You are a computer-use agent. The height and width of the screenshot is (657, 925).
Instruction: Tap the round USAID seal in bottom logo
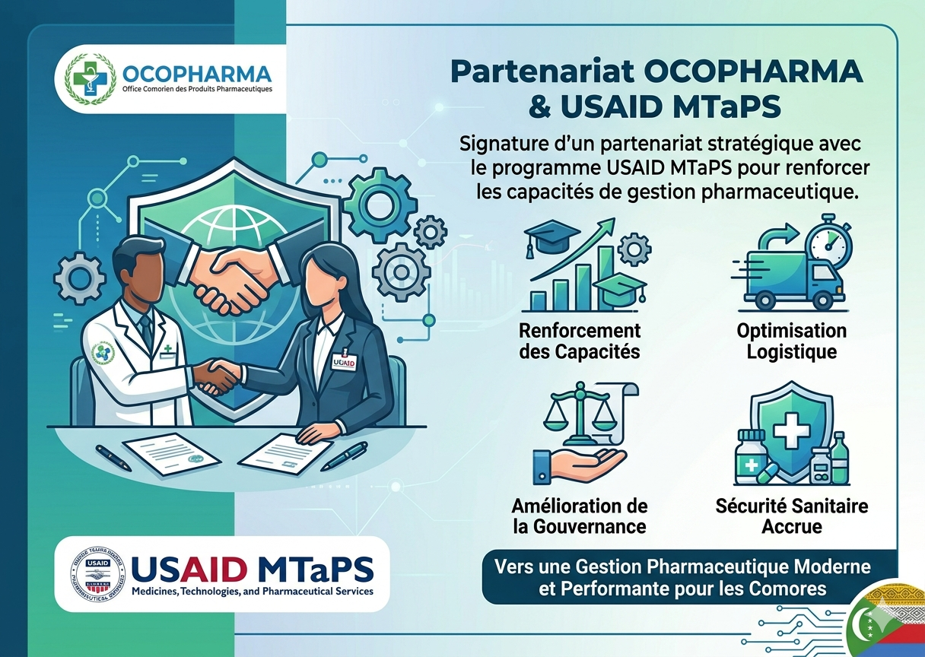click(97, 572)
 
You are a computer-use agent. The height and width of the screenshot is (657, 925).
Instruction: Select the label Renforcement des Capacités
click(580, 341)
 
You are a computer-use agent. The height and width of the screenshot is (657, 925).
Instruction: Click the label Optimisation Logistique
click(791, 341)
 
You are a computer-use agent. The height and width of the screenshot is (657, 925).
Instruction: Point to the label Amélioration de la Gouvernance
click(580, 516)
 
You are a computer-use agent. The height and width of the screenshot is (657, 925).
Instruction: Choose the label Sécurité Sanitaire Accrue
click(791, 516)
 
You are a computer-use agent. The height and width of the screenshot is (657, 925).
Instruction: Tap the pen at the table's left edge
click(114, 457)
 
